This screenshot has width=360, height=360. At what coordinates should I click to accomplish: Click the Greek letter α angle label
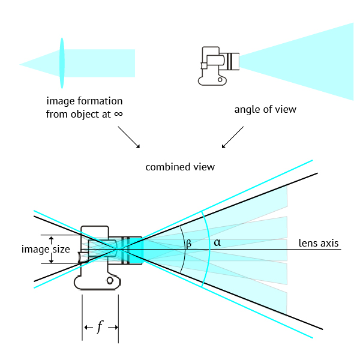point(217,243)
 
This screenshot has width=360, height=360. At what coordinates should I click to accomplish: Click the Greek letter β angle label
point(188,244)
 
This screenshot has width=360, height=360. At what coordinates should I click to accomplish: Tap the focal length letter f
point(100,327)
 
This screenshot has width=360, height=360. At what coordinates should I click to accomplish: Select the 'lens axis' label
point(319,244)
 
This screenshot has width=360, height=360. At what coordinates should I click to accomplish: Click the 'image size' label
point(46,249)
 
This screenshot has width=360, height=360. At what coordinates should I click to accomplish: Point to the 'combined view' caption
point(180,166)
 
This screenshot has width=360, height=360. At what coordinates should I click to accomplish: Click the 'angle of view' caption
point(265,110)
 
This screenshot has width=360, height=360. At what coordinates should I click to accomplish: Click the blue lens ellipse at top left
point(61,64)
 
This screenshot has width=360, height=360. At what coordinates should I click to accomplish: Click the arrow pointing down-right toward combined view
point(128,137)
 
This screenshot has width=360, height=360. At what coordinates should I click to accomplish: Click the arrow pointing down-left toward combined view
point(232,137)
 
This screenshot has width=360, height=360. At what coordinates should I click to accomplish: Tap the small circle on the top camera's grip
point(221,79)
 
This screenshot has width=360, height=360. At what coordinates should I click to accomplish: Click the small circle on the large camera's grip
point(110,280)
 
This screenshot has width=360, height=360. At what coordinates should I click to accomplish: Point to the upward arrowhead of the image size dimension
point(51,238)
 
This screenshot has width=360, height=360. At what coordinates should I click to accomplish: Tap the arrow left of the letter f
point(88,327)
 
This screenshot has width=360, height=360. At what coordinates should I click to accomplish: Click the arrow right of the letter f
point(112,327)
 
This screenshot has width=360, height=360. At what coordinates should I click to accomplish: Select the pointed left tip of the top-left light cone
point(20,64)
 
